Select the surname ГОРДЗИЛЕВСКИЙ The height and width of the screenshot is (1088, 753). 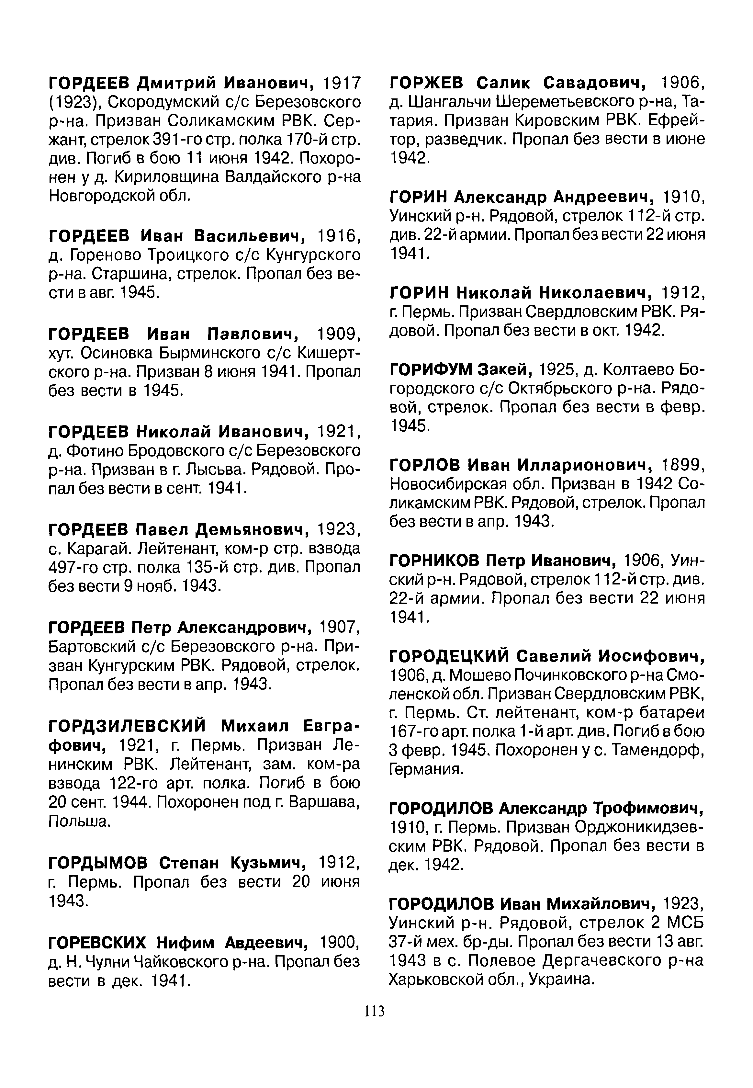(x=127, y=726)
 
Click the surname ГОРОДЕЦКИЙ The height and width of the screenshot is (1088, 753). (x=449, y=656)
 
